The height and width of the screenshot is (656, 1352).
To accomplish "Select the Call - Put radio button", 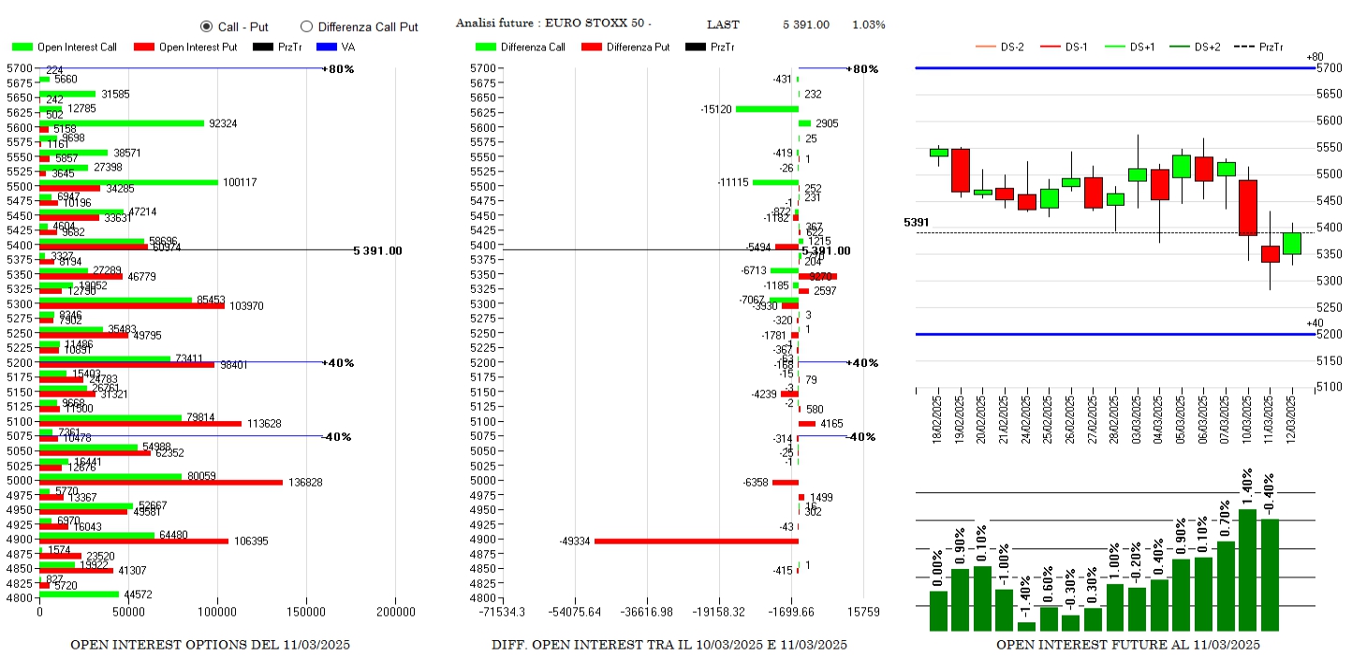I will coord(207,26).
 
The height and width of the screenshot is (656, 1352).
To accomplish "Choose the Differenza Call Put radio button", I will coord(306,26).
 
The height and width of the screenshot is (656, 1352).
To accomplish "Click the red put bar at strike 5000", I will coord(160,483).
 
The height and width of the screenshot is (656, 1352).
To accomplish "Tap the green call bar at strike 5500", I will coord(128,182).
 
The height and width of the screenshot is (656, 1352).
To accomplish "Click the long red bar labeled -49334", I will coord(696,541).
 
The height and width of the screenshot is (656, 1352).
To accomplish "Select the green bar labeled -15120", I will coord(767,109).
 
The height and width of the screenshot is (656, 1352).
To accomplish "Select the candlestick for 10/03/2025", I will coord(1247,208).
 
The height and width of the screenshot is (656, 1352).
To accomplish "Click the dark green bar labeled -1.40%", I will coord(1026,626).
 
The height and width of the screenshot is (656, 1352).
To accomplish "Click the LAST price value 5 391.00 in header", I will coord(806,24).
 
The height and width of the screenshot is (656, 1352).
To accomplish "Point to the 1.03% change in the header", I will coord(868,24).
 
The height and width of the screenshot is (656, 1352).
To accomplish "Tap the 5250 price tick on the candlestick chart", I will coord(1329,307).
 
